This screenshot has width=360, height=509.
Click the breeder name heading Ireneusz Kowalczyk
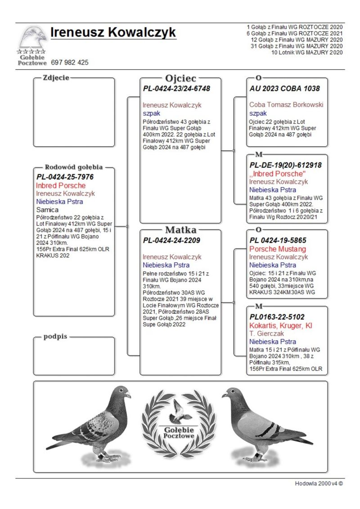pos(113,33)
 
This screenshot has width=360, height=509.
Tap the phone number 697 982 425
pos(70,63)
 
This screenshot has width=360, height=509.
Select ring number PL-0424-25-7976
pos(65,177)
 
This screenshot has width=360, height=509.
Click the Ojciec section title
pos(180,79)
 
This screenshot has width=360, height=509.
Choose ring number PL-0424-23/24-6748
pos(176,89)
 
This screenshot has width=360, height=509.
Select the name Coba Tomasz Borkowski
pos(286,105)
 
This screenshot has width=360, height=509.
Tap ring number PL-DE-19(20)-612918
pos(285,165)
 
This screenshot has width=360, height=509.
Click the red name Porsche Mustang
pos(278,249)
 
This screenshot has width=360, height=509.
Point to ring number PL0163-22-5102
pos(277,317)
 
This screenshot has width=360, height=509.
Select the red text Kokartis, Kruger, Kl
pos(281,325)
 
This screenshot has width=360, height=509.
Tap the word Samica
pos(47,210)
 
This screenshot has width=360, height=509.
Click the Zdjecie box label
pos(56,77)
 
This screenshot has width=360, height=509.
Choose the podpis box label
pos(55,337)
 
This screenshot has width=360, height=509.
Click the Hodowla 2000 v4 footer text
pos(319,483)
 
